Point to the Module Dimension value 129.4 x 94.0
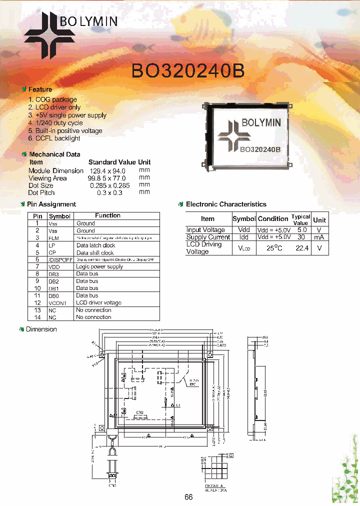pos(107,170)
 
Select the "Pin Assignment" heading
pos(51,204)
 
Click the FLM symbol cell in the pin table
pos(53,238)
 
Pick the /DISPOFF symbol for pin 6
pos(60,259)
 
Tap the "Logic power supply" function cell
pos(99,266)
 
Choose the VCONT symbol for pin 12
pos(57,303)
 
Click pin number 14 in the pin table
pos(37,317)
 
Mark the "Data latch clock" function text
pos(95,245)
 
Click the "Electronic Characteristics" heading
pos(226,204)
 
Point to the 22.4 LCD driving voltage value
pos(301,248)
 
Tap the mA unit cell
pos(319,237)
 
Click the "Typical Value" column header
pos(300,219)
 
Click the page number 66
pos(188,497)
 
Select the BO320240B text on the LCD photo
pos(260,148)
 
